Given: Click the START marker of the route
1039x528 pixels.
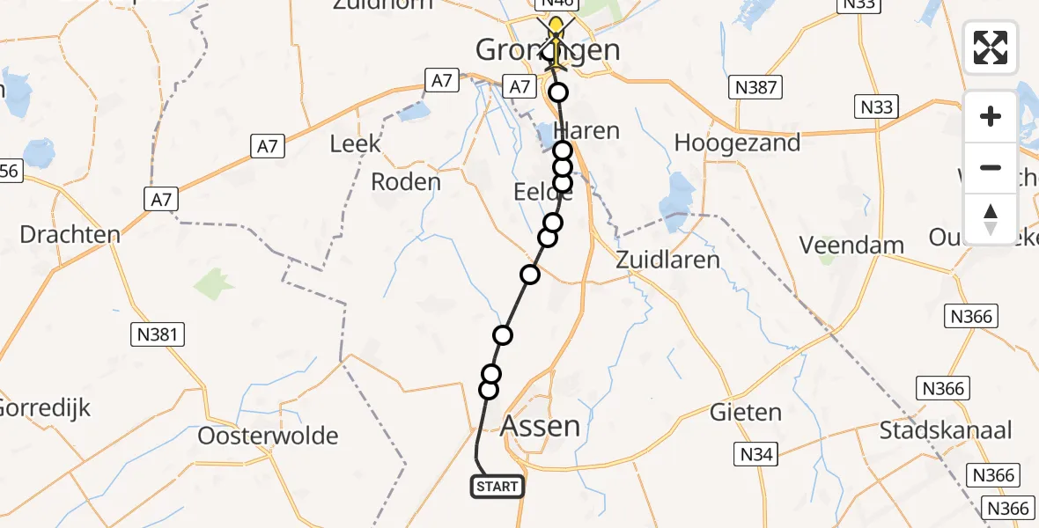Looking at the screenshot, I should (497, 486).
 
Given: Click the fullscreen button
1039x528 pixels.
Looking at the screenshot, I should (991, 48).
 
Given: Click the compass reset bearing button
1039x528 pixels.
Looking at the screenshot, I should (991, 219).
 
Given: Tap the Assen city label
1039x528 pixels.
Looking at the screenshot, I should (540, 427).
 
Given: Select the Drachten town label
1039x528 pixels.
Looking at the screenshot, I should (70, 235).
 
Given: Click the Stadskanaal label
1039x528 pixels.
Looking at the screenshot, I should (946, 430).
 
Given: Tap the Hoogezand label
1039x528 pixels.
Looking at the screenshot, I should (736, 143).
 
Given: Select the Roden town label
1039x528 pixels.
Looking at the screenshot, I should (406, 182).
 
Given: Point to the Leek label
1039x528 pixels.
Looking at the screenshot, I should (356, 143).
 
